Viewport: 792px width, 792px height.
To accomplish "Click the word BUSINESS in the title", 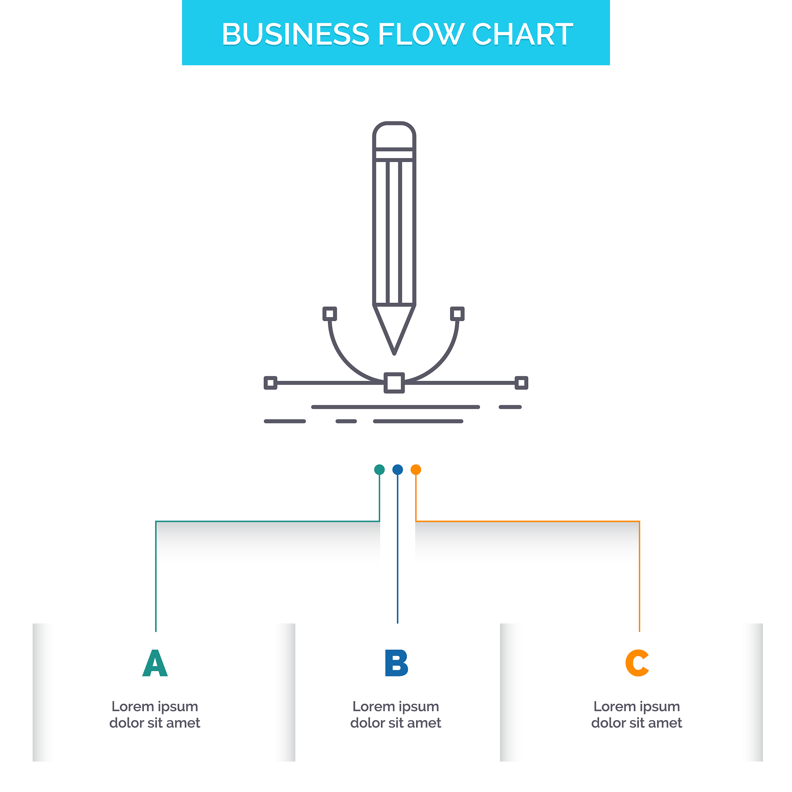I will click(295, 34).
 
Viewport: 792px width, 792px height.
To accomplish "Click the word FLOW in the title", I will click(421, 34).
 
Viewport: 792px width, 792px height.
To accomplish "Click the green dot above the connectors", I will click(379, 469).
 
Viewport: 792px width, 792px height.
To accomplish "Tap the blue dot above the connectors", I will click(397, 469).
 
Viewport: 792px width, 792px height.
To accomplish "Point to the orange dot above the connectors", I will click(416, 469).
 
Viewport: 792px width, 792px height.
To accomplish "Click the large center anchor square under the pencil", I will click(394, 383).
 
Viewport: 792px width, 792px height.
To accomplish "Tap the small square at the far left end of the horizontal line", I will click(270, 383).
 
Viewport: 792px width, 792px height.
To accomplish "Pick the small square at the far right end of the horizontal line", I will click(521, 383).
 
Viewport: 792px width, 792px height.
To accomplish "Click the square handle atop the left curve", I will click(329, 314).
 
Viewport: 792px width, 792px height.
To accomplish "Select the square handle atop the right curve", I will click(457, 314).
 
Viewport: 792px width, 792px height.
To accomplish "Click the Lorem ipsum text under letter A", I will click(155, 715).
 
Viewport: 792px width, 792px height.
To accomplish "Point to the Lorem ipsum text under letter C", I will click(637, 715).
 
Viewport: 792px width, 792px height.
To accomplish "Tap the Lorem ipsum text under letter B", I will click(396, 715).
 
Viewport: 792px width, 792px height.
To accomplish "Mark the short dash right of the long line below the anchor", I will click(510, 407).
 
